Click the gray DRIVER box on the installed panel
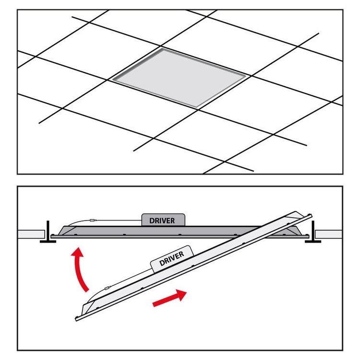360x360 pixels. pyautogui.click(x=163, y=220)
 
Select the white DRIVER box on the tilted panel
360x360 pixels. pyautogui.click(x=172, y=259)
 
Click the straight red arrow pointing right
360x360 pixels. pyautogui.click(x=169, y=298)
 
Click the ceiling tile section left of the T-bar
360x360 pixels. pyautogui.click(x=31, y=234)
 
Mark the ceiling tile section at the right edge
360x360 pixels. pyautogui.click(x=329, y=234)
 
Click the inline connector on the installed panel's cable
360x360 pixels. pyautogui.click(x=93, y=220)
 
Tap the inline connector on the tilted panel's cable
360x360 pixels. pyautogui.click(x=107, y=288)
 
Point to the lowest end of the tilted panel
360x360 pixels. pyautogui.click(x=76, y=319)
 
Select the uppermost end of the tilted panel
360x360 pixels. pyautogui.click(x=311, y=215)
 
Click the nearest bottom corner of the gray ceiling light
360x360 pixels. pyautogui.click(x=197, y=108)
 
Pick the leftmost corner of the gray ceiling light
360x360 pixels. pyautogui.click(x=112, y=80)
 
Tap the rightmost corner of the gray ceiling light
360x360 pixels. pyautogui.click(x=246, y=75)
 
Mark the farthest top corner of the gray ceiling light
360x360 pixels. pyautogui.click(x=163, y=48)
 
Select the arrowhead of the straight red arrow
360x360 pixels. pyautogui.click(x=181, y=294)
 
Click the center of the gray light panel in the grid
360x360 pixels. pyautogui.click(x=179, y=78)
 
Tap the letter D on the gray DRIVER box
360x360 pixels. pyautogui.click(x=152, y=221)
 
